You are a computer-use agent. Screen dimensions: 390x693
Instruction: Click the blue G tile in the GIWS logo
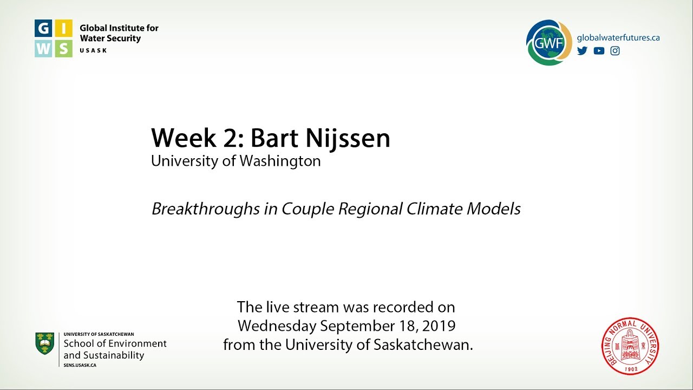[44, 29]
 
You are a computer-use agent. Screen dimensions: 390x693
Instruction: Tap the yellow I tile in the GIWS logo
[63, 29]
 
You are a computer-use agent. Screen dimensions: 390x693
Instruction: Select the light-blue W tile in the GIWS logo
[44, 48]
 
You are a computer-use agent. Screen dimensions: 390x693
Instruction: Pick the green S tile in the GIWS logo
[63, 48]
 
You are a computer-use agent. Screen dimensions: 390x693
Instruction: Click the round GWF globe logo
[548, 42]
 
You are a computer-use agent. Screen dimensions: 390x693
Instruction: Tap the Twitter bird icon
[582, 51]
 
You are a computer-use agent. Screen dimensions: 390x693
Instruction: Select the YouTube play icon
[599, 51]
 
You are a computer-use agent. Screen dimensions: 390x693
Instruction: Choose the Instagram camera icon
[615, 51]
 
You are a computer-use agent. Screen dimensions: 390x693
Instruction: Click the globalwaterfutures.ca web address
[618, 38]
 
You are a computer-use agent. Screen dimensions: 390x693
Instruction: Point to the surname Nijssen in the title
[348, 139]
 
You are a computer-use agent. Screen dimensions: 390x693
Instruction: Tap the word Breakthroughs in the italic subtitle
[206, 209]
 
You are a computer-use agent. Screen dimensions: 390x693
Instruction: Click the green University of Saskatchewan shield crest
[44, 344]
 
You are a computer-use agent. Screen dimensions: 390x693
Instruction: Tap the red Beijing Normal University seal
[630, 346]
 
